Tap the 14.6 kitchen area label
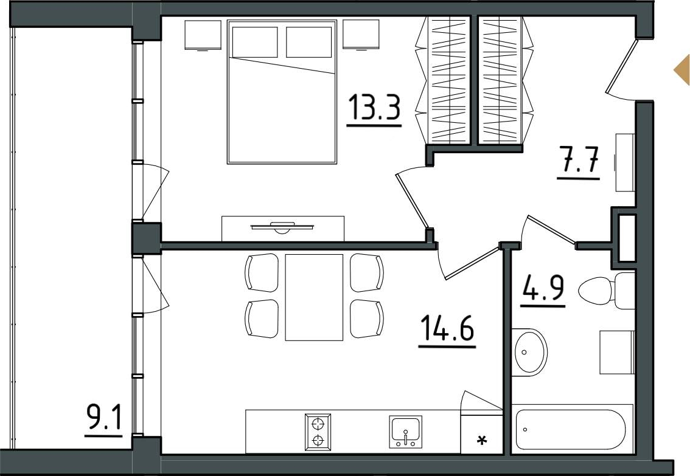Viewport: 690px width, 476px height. click(x=447, y=329)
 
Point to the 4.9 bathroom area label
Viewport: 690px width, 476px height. click(x=543, y=288)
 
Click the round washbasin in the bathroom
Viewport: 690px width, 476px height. click(x=530, y=352)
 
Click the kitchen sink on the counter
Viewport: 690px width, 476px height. click(x=405, y=432)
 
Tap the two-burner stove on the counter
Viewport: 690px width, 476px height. click(x=317, y=432)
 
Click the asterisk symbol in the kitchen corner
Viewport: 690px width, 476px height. click(x=483, y=440)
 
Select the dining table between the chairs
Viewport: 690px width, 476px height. click(x=314, y=297)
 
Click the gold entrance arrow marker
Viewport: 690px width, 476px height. click(x=682, y=69)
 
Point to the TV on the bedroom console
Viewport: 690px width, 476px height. click(x=282, y=227)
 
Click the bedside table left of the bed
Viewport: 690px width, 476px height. click(x=203, y=35)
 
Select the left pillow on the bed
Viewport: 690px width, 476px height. click(x=255, y=42)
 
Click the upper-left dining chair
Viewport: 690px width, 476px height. click(x=262, y=272)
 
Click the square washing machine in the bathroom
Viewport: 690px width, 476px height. click(x=616, y=353)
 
